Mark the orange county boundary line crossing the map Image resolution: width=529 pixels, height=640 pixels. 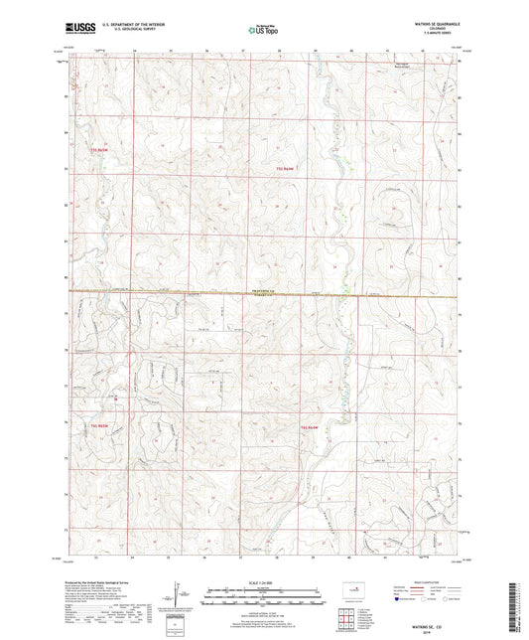pyautogui.click(x=149, y=292)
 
